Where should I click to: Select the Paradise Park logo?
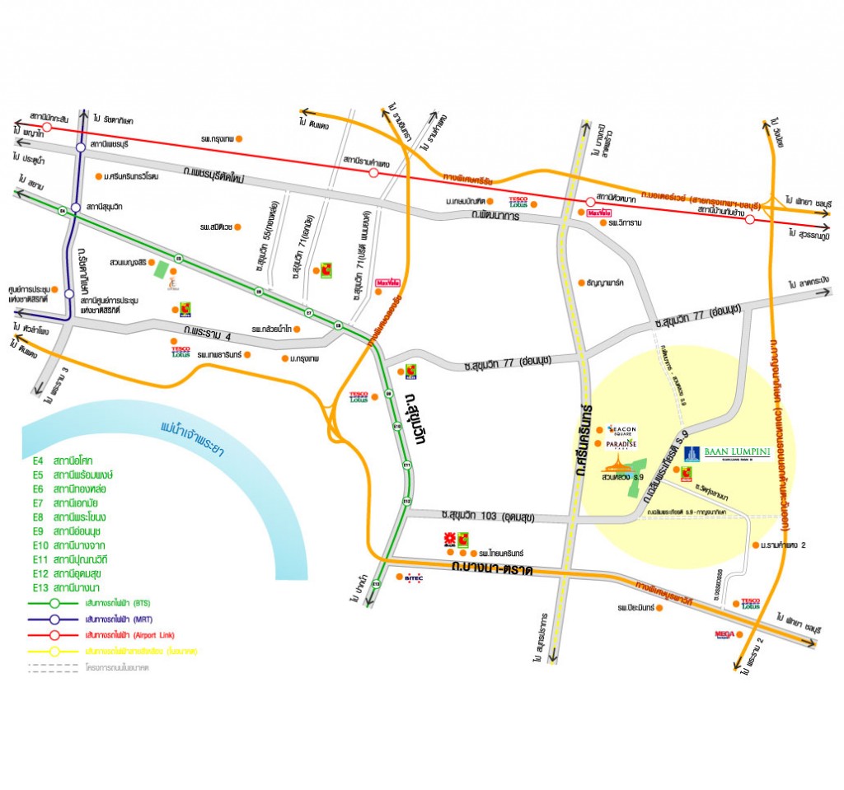[x=621, y=444]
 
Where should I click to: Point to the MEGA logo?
[x=724, y=634]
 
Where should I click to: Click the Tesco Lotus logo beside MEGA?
[x=750, y=604]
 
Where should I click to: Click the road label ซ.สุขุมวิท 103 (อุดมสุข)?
[x=487, y=517]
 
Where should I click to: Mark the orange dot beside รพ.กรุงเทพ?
[x=239, y=139]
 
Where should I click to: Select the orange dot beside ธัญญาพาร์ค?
[x=582, y=282]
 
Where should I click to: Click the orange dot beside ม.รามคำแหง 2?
[x=756, y=545]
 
